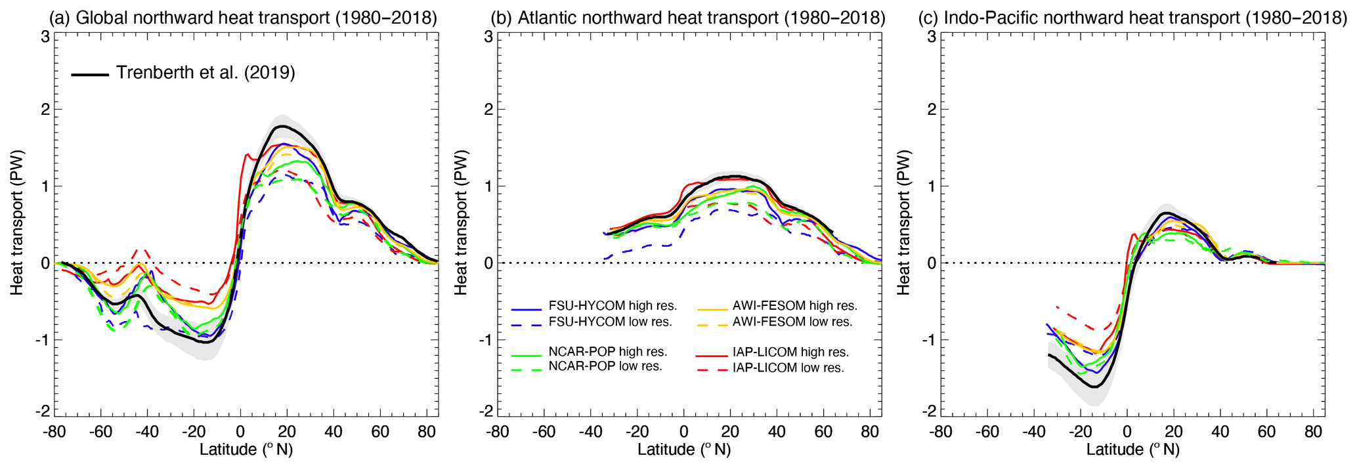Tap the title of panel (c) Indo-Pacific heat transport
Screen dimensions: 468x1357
(x=1132, y=18)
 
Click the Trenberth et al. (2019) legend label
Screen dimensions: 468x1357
(x=205, y=72)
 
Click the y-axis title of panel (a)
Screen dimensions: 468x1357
(x=16, y=223)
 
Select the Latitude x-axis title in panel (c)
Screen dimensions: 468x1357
(x=1132, y=450)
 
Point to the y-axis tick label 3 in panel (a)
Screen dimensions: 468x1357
(x=45, y=37)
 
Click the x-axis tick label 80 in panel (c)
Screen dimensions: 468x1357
(x=1314, y=432)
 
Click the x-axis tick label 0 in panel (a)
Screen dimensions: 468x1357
(x=240, y=432)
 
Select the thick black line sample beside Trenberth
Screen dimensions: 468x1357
(x=90, y=75)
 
